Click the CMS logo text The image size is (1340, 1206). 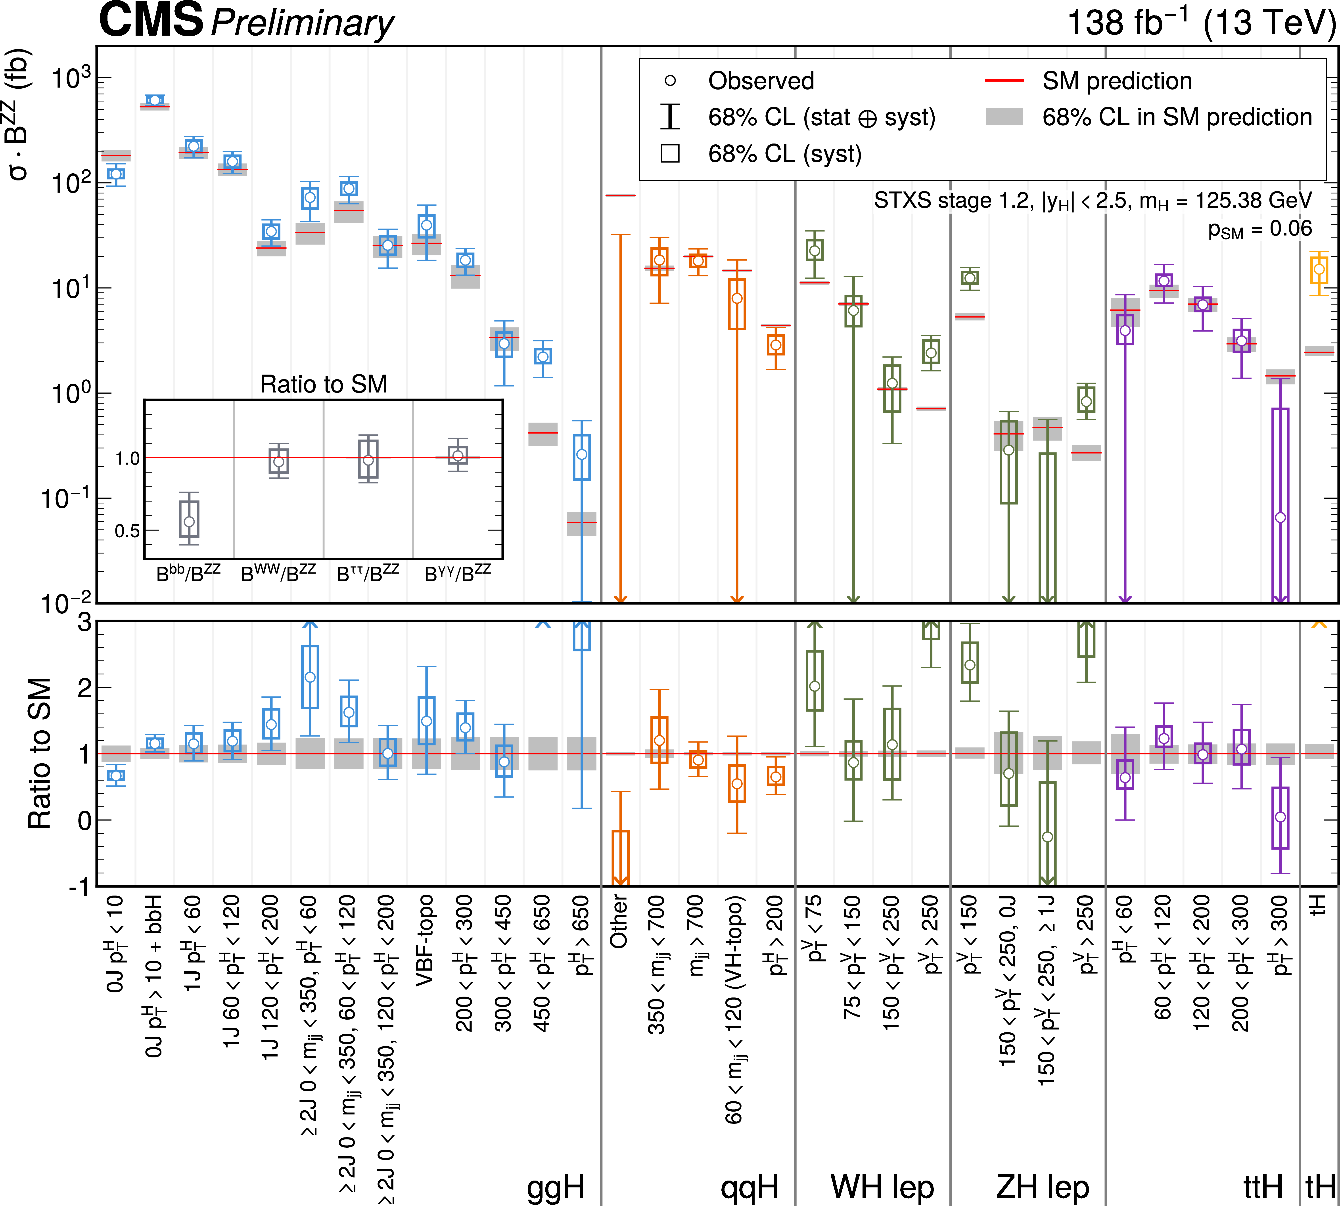(x=151, y=20)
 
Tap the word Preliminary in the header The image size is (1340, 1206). (x=302, y=23)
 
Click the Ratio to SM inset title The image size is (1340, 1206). (x=323, y=384)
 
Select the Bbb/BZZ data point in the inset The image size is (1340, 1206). (x=189, y=521)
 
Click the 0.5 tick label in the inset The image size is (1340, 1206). (x=127, y=531)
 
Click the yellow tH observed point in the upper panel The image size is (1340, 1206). (x=1319, y=269)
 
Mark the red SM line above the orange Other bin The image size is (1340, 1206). (x=620, y=195)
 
